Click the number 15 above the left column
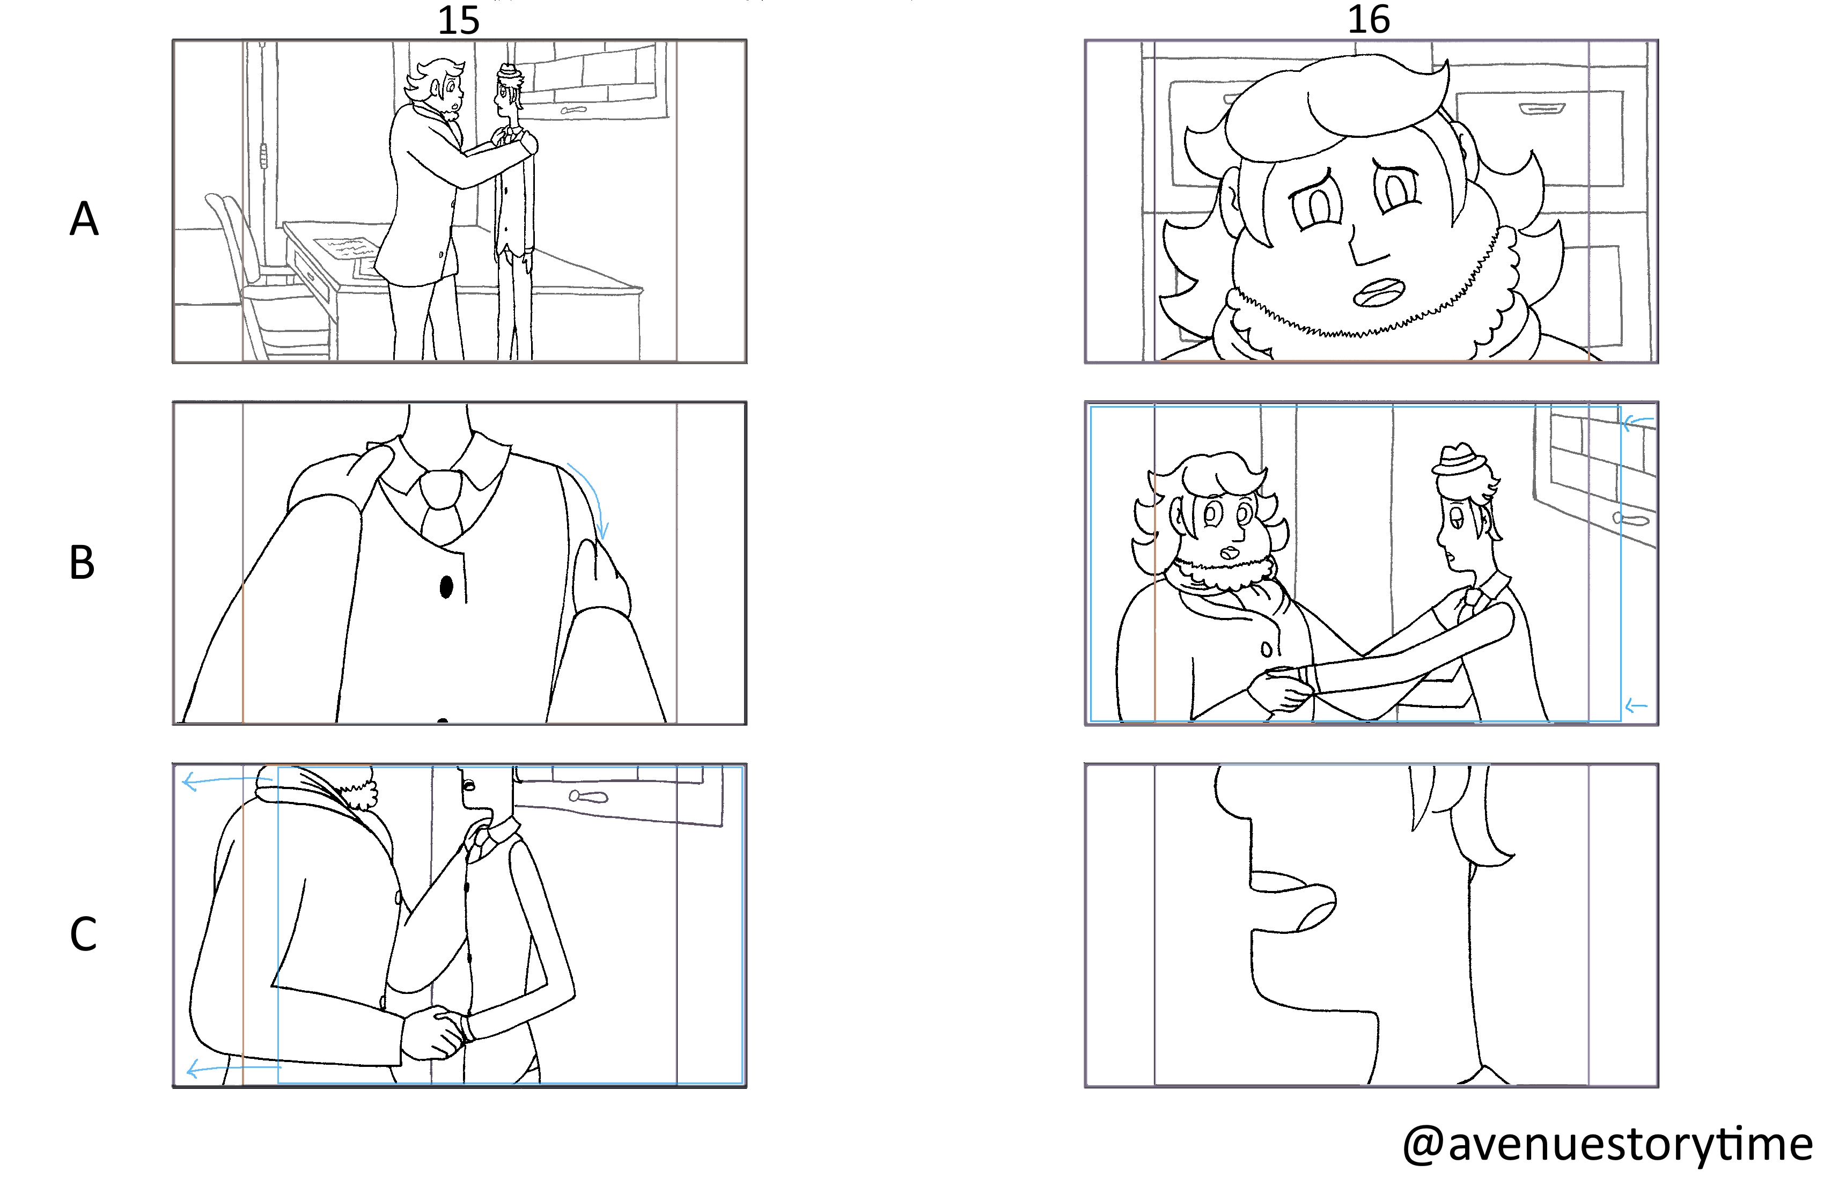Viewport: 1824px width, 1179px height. pyautogui.click(x=458, y=20)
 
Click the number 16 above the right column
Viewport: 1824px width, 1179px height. pyautogui.click(x=1369, y=20)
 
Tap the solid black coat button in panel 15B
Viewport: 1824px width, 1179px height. pyautogui.click(x=446, y=587)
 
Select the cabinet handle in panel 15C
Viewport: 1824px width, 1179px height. pyautogui.click(x=588, y=797)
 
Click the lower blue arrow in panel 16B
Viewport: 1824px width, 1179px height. pyautogui.click(x=1636, y=706)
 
